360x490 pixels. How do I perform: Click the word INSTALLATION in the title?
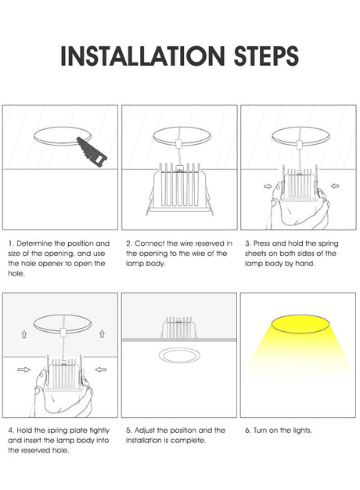142,56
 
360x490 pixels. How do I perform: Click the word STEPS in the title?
266,56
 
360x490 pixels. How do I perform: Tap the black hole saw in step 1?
92,152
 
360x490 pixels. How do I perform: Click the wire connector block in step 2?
178,144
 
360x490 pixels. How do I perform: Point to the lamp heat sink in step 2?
178,188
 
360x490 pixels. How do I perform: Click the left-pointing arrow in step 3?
335,186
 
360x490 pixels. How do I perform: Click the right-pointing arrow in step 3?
268,186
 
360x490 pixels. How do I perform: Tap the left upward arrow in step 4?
24,334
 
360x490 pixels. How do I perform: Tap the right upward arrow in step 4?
102,334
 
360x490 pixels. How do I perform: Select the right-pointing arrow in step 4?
23,369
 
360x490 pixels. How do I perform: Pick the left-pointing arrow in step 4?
101,369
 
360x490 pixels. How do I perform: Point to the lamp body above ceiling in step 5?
178,327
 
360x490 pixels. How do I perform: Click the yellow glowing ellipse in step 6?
300,324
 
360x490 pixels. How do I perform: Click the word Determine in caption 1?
34,243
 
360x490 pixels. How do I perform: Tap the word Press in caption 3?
261,243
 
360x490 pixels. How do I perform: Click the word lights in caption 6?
303,431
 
